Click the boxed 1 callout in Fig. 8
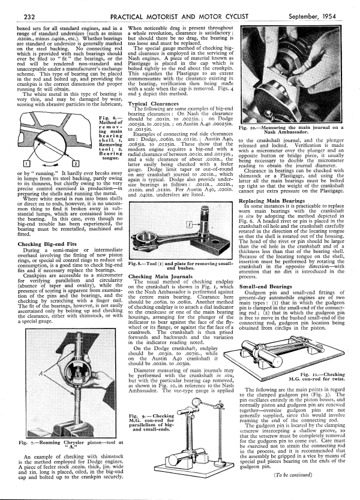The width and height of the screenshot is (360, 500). click(x=137, y=223)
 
